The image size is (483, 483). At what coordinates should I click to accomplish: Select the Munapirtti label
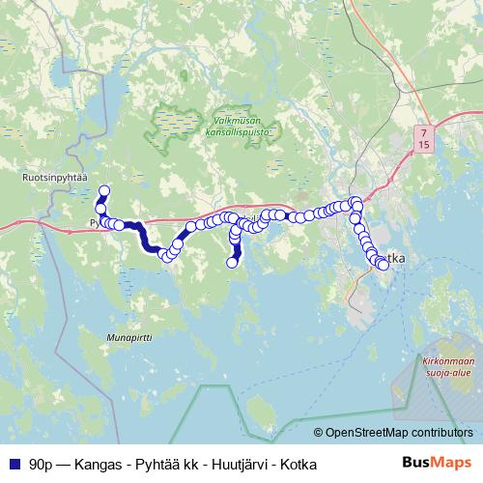128,338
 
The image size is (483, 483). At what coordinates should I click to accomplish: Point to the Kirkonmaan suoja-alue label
447,367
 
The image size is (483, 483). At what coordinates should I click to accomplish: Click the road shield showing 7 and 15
424,136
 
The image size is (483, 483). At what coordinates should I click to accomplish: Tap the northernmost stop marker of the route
104,191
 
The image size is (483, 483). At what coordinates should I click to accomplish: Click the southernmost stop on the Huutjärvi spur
232,262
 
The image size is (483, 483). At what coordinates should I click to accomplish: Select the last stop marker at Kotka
384,265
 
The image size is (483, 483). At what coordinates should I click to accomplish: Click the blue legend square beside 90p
14,465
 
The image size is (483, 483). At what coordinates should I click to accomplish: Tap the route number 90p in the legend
42,465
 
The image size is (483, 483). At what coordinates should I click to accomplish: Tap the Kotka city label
394,259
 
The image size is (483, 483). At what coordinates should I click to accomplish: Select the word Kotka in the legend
296,465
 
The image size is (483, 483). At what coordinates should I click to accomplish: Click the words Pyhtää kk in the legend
160,465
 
